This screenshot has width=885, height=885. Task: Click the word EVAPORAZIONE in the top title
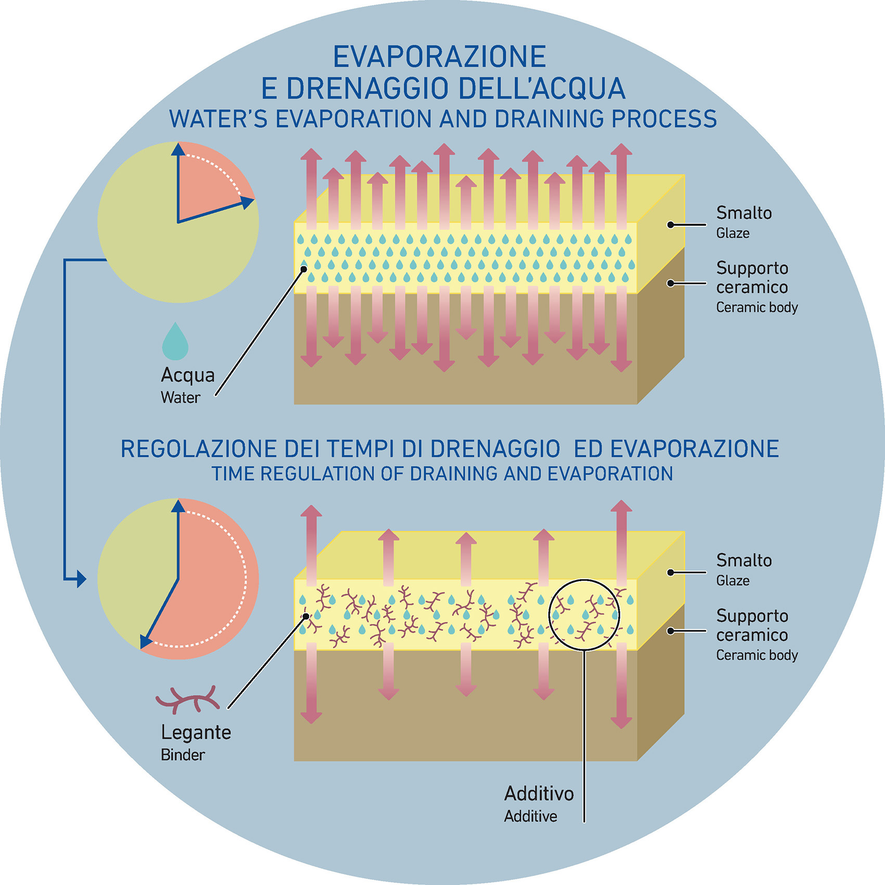(x=440, y=57)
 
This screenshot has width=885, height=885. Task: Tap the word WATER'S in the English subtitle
(x=219, y=119)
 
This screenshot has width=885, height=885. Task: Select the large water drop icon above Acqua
(x=175, y=342)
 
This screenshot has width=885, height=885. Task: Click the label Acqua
(x=188, y=375)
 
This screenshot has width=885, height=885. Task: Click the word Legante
(x=196, y=733)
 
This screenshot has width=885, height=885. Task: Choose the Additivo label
(x=539, y=794)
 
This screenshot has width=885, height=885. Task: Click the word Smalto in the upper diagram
(x=744, y=213)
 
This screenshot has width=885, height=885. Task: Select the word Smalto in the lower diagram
(x=744, y=560)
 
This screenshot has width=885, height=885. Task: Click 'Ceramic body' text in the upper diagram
(x=757, y=307)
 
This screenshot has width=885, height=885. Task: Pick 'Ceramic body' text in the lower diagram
(x=757, y=655)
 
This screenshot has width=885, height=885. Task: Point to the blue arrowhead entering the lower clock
(x=81, y=579)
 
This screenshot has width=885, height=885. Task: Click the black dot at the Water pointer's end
(x=304, y=269)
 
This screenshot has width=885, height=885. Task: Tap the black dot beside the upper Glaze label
(x=671, y=225)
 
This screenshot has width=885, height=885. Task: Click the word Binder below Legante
(x=183, y=755)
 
